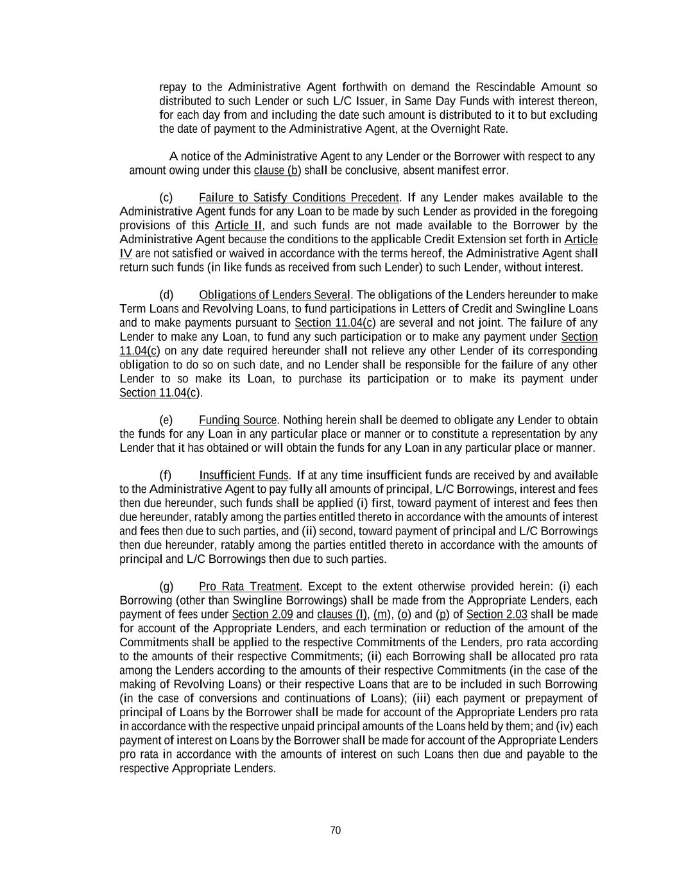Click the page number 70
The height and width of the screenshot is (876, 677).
pyautogui.click(x=335, y=830)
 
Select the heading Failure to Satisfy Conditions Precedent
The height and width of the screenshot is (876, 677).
pyautogui.click(x=298, y=198)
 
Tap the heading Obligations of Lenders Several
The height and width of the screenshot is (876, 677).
pyautogui.click(x=275, y=295)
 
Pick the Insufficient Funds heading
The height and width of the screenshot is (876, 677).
pyautogui.click(x=244, y=476)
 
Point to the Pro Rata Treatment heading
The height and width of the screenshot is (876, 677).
pyautogui.click(x=249, y=587)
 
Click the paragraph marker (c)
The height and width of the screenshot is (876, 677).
pyautogui.click(x=166, y=198)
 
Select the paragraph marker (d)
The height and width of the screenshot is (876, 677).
pyautogui.click(x=166, y=295)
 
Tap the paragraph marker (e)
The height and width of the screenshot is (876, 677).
pyautogui.click(x=166, y=420)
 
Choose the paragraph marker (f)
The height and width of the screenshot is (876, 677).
pyautogui.click(x=166, y=476)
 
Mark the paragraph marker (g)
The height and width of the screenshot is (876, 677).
pyautogui.click(x=166, y=587)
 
